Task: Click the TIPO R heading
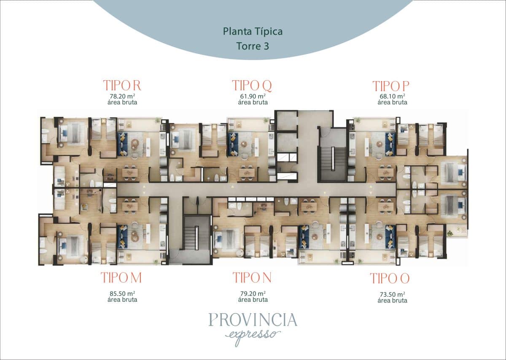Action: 122,86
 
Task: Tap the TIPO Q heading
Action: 252,86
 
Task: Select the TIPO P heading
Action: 391,86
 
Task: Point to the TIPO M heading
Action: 121,277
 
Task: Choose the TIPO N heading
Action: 252,277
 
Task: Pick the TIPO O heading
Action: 390,279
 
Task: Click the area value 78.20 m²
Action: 122,96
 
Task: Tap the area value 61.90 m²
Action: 253,96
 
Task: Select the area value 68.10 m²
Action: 393,96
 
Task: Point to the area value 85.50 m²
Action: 122,293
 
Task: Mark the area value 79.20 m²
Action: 253,293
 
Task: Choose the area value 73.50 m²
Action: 393,295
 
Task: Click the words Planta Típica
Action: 253,32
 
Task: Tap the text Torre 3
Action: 253,46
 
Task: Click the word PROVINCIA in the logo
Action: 253,320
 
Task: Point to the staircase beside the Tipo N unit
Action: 197,233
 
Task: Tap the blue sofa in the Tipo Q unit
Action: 233,144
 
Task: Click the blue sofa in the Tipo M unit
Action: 123,236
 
